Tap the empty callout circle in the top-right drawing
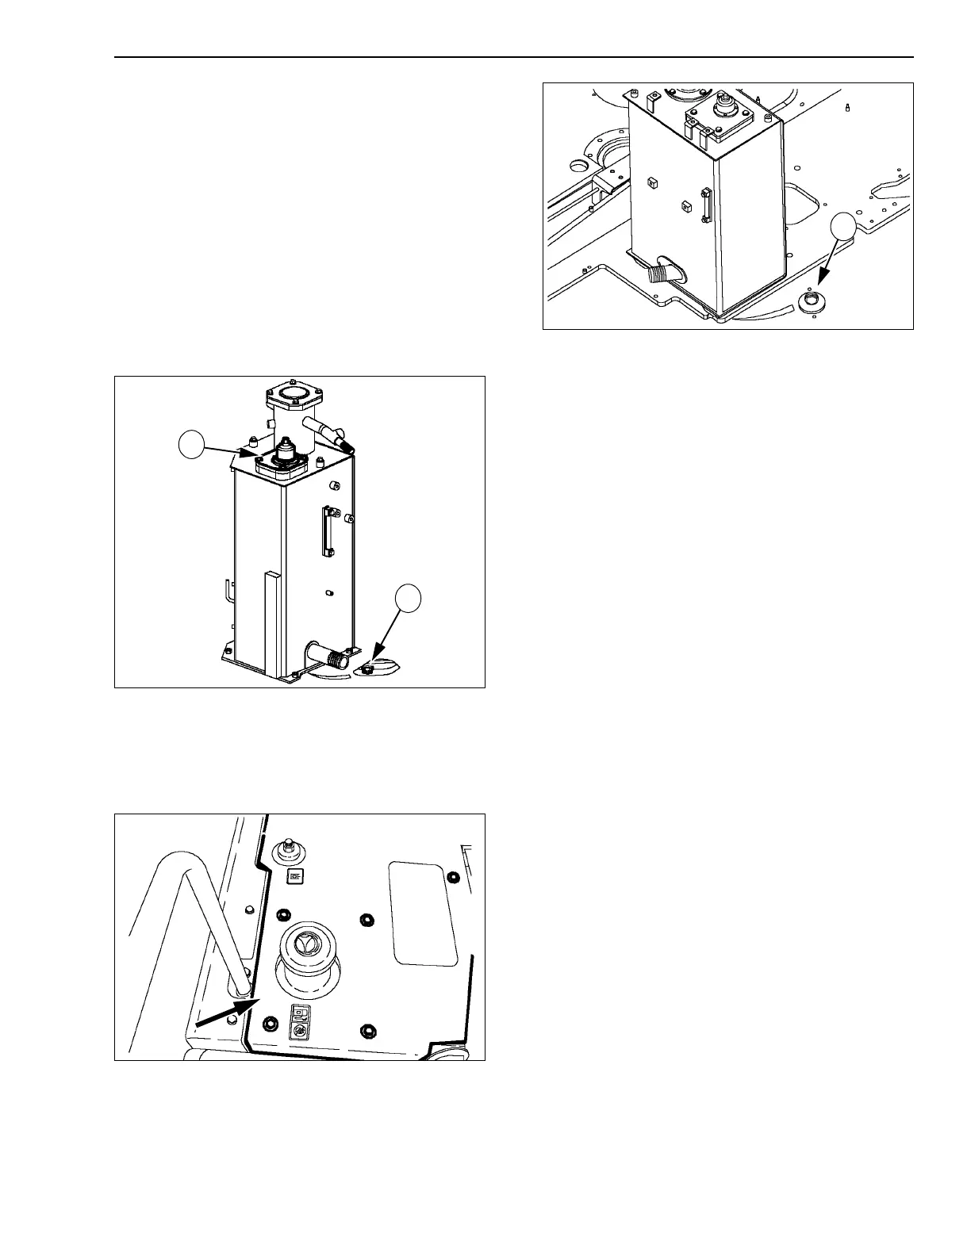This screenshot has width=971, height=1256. point(843,228)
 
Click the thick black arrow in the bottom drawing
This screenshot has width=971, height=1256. point(225,1014)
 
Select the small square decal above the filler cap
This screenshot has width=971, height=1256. point(294,876)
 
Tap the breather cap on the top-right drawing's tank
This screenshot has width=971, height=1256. point(724,106)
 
